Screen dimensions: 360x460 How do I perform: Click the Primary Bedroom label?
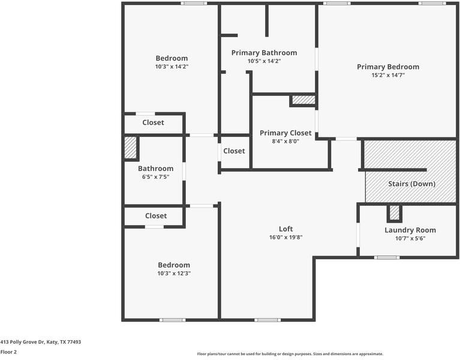click(387, 67)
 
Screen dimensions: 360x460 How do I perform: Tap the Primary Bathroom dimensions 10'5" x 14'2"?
click(264, 61)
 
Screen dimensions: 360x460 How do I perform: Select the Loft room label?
click(285, 229)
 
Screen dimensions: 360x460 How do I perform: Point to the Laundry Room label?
click(410, 230)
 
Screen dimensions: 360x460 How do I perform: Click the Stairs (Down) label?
click(411, 184)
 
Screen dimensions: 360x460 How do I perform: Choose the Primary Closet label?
click(285, 133)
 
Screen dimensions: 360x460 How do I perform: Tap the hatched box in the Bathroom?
click(130, 148)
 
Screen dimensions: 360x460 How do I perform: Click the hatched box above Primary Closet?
click(303, 100)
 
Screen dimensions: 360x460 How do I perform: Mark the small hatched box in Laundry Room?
click(394, 212)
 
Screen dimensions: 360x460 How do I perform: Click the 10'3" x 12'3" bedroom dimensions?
click(174, 273)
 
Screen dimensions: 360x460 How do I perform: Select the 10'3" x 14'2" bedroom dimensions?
click(172, 67)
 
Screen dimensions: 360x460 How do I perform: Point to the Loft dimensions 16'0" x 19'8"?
click(285, 237)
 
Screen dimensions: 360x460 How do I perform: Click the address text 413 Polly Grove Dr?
click(40, 342)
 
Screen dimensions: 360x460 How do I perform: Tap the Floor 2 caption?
click(8, 352)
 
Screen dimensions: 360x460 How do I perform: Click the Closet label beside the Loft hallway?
click(234, 151)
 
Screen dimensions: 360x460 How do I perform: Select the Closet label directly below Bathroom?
click(155, 215)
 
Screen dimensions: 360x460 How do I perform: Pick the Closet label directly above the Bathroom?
click(153, 122)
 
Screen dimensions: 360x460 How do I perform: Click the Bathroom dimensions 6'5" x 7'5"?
click(156, 177)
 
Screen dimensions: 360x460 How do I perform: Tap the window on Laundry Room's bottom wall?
click(387, 257)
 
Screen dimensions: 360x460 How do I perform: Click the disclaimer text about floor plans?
click(290, 354)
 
